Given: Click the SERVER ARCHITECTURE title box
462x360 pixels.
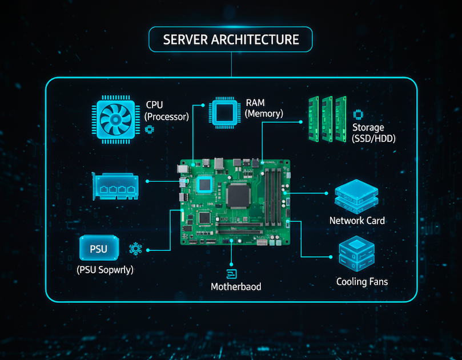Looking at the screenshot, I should [x=231, y=40].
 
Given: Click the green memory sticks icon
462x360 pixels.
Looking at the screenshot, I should [x=328, y=118].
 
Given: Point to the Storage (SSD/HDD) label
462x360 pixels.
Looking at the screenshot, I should [x=374, y=133].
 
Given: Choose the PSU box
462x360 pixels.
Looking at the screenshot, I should [x=98, y=249].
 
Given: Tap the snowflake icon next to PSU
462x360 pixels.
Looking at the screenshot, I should [x=136, y=249].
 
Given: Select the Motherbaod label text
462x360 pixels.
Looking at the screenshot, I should [x=236, y=286].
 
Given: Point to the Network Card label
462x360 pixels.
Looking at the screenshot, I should [x=357, y=220].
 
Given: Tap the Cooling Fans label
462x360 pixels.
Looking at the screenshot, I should [x=362, y=281].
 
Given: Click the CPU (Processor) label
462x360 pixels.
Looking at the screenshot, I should [x=166, y=111].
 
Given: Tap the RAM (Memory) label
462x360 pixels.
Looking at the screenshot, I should [x=263, y=108].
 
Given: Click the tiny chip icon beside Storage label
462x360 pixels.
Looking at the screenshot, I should [x=358, y=114].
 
